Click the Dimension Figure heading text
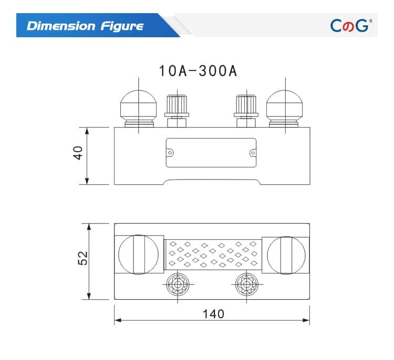click(85, 26)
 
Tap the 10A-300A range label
click(199, 71)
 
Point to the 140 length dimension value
click(213, 314)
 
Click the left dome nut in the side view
click(138, 105)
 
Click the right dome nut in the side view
click(285, 105)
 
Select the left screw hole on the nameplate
click(170, 153)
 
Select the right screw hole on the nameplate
click(252, 153)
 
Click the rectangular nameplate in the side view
click(211, 153)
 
